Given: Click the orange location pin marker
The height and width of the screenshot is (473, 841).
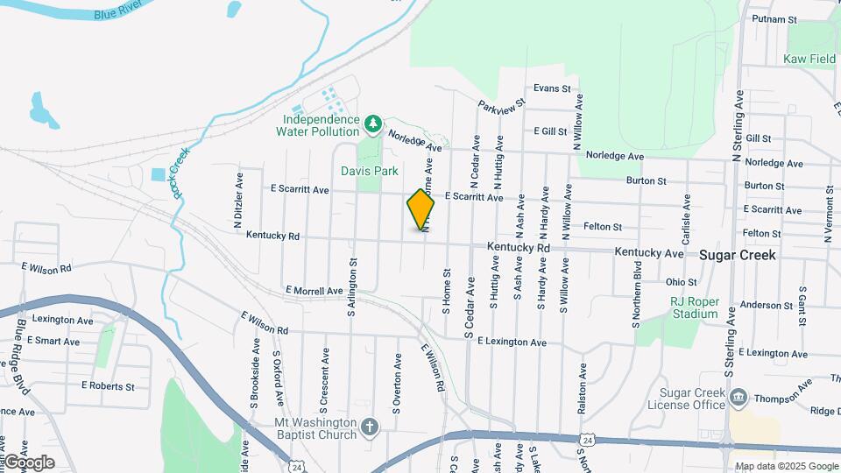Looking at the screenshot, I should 420,209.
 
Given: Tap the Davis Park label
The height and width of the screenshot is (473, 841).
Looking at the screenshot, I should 376,171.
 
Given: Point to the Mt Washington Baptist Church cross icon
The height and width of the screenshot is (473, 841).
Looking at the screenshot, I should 370,427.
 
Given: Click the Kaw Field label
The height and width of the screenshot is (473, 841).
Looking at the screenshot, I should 809,60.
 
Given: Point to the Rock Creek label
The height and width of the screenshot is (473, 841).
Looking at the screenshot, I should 181,173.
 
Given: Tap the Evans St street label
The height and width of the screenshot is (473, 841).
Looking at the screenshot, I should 552,89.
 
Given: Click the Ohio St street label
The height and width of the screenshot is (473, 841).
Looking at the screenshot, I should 681,282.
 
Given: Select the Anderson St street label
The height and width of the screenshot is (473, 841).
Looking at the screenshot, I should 766,306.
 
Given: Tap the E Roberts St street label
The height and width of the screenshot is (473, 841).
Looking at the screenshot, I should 108,385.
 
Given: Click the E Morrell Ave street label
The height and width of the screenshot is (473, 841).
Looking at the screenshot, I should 314,291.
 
